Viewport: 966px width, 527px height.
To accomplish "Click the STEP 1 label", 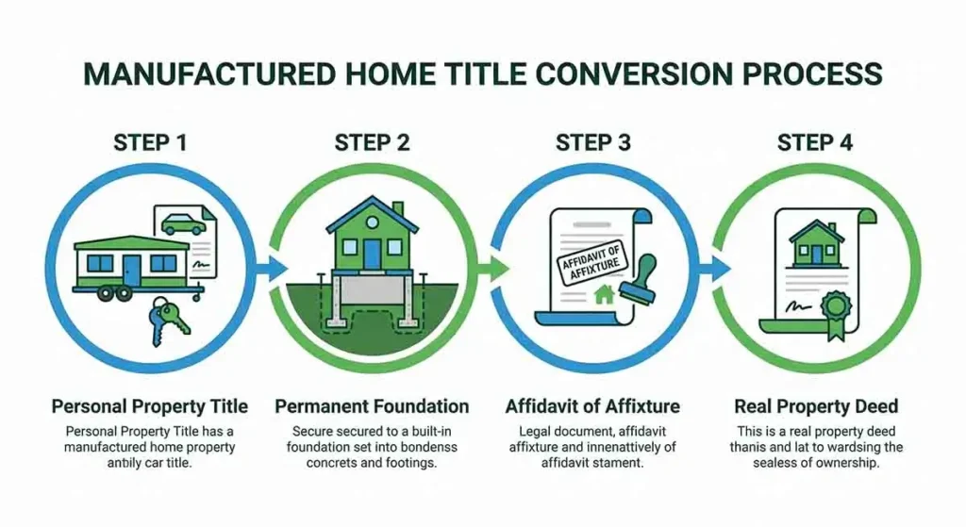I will (150, 142).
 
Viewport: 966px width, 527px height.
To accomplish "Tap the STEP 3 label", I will (593, 142).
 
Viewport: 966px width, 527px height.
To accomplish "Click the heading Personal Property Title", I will (150, 407).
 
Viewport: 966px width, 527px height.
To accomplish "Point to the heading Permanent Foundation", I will (372, 407).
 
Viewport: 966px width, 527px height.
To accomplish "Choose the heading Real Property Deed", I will (816, 407).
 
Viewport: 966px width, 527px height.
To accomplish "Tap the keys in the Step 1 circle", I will (169, 318).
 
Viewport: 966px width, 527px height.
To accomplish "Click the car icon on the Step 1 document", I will (182, 223).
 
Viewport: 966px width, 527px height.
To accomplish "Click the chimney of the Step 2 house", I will (398, 209).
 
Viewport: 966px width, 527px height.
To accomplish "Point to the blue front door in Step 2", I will (373, 253).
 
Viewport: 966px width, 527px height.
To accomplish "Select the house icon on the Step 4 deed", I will (816, 240).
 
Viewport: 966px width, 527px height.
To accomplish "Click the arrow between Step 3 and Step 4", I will (719, 269).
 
